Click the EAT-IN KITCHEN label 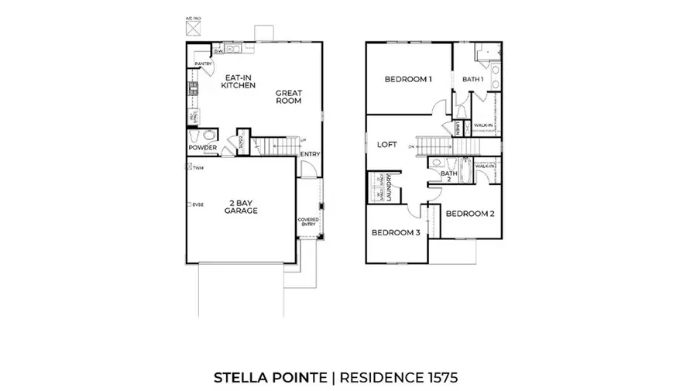click(x=239, y=82)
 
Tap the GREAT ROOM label click(x=288, y=98)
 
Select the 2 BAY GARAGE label click(x=241, y=206)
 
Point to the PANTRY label click(x=204, y=64)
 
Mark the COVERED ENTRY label click(x=309, y=223)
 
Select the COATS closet click(x=242, y=141)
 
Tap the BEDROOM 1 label click(x=407, y=80)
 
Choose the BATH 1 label click(x=472, y=80)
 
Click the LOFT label click(x=386, y=144)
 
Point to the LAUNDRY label click(x=390, y=187)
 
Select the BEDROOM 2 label click(x=469, y=214)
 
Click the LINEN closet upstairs click(x=459, y=127)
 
